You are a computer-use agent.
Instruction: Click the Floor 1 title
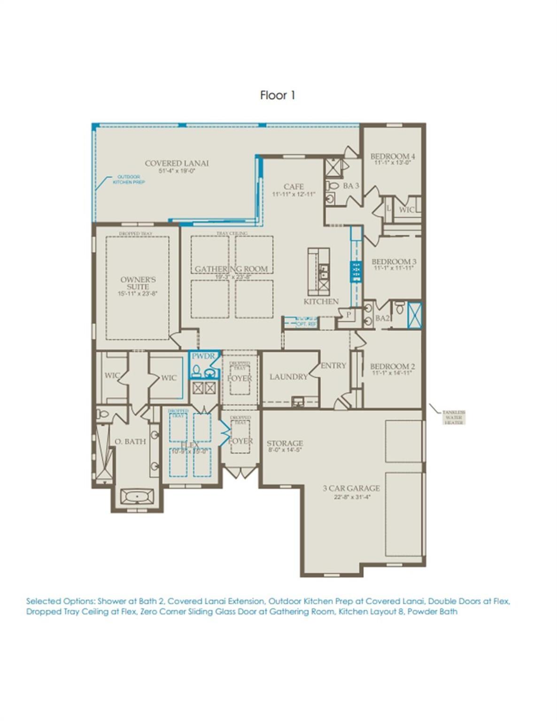point(277,95)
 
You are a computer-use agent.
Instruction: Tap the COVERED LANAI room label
point(177,163)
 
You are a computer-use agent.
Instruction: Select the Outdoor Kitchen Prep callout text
point(128,179)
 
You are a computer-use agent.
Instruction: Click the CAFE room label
point(294,186)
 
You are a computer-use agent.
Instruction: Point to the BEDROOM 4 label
point(393,156)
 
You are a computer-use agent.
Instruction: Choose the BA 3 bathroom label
point(350,186)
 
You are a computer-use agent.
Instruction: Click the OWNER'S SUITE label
point(138,283)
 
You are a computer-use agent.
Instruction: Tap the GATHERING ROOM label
point(231,269)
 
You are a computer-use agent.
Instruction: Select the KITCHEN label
point(321,301)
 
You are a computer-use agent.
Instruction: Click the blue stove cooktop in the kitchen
point(356,272)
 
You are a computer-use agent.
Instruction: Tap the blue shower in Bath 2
point(415,315)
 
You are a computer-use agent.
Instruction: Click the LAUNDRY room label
point(288,376)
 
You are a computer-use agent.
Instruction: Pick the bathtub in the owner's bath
point(137,496)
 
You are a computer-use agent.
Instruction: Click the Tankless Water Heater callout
point(453,417)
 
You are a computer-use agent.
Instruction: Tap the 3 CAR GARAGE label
point(351,488)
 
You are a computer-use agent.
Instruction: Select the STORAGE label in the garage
point(285,443)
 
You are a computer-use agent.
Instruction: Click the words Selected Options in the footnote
point(60,601)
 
